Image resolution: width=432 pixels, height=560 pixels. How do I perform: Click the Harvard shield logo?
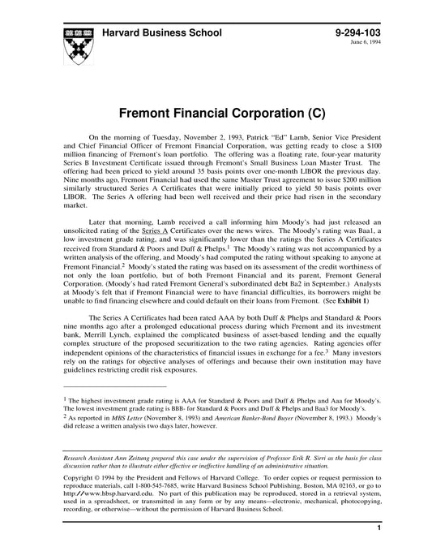[x=71, y=41]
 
